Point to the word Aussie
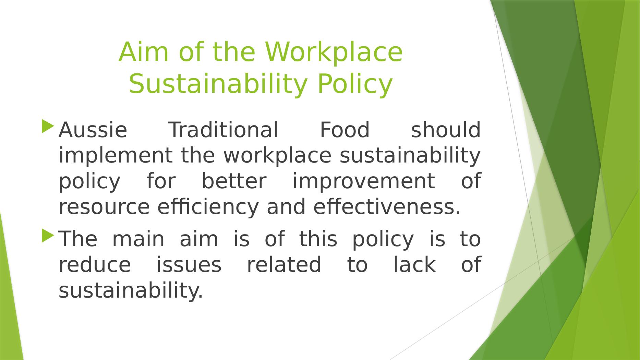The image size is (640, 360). pyautogui.click(x=93, y=130)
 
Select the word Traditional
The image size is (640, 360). pyautogui.click(x=224, y=130)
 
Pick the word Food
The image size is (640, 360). pyautogui.click(x=345, y=130)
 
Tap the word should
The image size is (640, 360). pyautogui.click(x=446, y=130)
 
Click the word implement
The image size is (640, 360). pyautogui.click(x=116, y=156)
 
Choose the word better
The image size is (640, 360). pyautogui.click(x=234, y=181)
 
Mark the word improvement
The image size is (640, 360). pyautogui.click(x=363, y=181)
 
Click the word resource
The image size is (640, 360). pyautogui.click(x=104, y=207)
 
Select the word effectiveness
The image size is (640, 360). pyautogui.click(x=387, y=207)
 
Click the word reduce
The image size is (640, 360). pyautogui.click(x=95, y=265)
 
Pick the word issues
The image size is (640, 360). pyautogui.click(x=189, y=265)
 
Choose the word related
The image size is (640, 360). pyautogui.click(x=284, y=265)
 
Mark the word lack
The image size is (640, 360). pyautogui.click(x=414, y=265)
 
